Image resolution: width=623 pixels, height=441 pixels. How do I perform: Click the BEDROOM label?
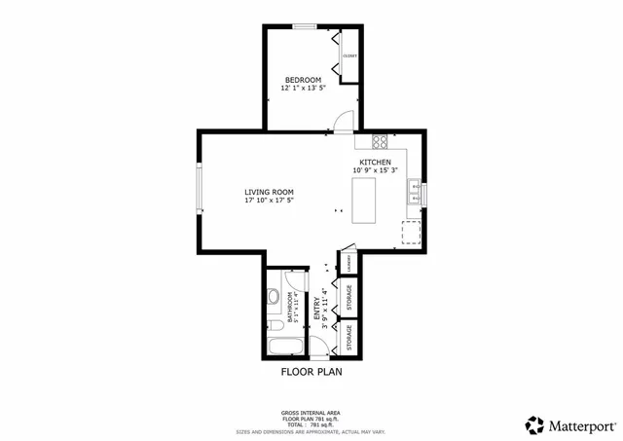302,79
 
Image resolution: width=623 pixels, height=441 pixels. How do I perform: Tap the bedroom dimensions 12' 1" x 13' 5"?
302,88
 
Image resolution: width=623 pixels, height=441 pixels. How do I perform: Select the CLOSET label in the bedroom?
349,55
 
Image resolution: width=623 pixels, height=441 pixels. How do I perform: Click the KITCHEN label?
376,162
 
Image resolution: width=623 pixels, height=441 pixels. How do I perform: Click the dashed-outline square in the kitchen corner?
411,232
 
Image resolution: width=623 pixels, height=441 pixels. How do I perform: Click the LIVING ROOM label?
269,192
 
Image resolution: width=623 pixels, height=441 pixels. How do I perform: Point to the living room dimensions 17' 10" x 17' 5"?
269,201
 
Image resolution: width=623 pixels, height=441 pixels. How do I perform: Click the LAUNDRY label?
348,264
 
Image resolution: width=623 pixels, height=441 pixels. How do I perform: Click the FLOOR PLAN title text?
311,371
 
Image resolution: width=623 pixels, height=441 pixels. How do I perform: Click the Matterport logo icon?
534,424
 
